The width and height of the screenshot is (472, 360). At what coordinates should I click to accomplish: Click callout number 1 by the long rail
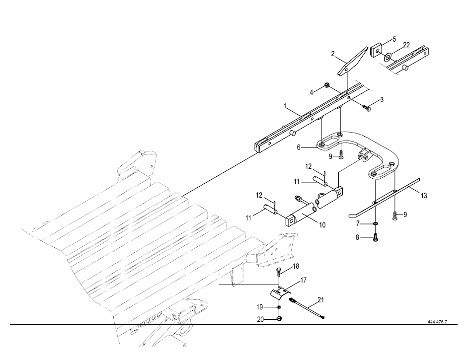click(x=285, y=106)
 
